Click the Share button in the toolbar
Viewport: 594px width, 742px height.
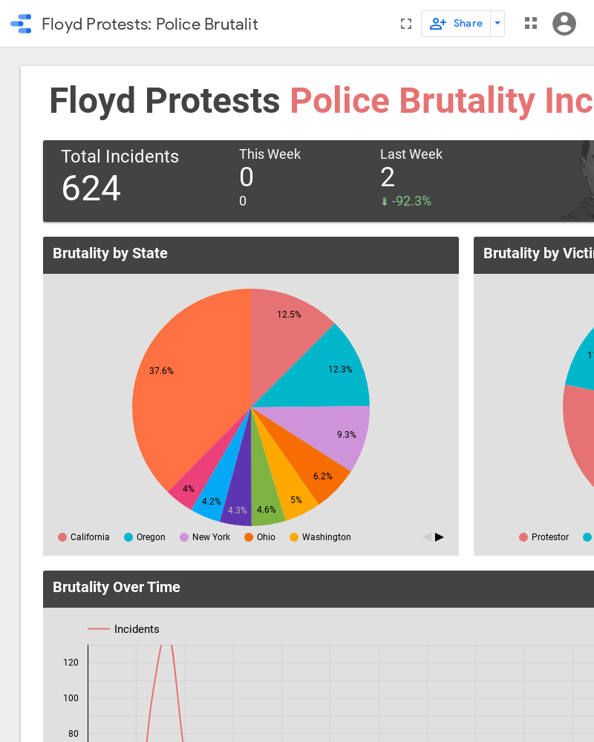click(x=456, y=24)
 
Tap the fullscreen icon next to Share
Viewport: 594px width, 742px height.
click(x=405, y=24)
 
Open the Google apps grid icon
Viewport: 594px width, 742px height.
click(x=530, y=24)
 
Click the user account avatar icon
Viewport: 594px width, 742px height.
click(x=564, y=24)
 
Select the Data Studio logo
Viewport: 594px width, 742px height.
click(x=21, y=24)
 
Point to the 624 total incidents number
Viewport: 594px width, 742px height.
click(x=91, y=188)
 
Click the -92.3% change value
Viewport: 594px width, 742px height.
click(x=411, y=201)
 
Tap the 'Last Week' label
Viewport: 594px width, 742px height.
click(x=411, y=154)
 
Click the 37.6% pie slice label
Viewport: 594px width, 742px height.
click(x=161, y=371)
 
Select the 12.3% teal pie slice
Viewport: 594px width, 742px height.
click(x=340, y=369)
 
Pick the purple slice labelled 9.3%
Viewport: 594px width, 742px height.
click(x=346, y=435)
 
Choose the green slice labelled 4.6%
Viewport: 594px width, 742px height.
click(x=267, y=510)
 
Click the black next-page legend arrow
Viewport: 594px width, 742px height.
click(x=440, y=537)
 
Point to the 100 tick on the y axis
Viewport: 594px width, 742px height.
click(x=71, y=698)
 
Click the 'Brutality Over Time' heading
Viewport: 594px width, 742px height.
click(x=117, y=587)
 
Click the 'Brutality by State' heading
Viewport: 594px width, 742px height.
click(x=110, y=253)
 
